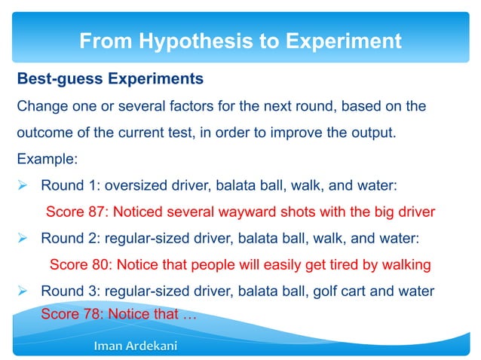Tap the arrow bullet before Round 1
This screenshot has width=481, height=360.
coord(23,185)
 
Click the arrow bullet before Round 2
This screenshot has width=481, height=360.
coord(23,238)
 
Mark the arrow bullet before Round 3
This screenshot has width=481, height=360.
coord(23,291)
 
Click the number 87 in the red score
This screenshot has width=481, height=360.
coord(93,212)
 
